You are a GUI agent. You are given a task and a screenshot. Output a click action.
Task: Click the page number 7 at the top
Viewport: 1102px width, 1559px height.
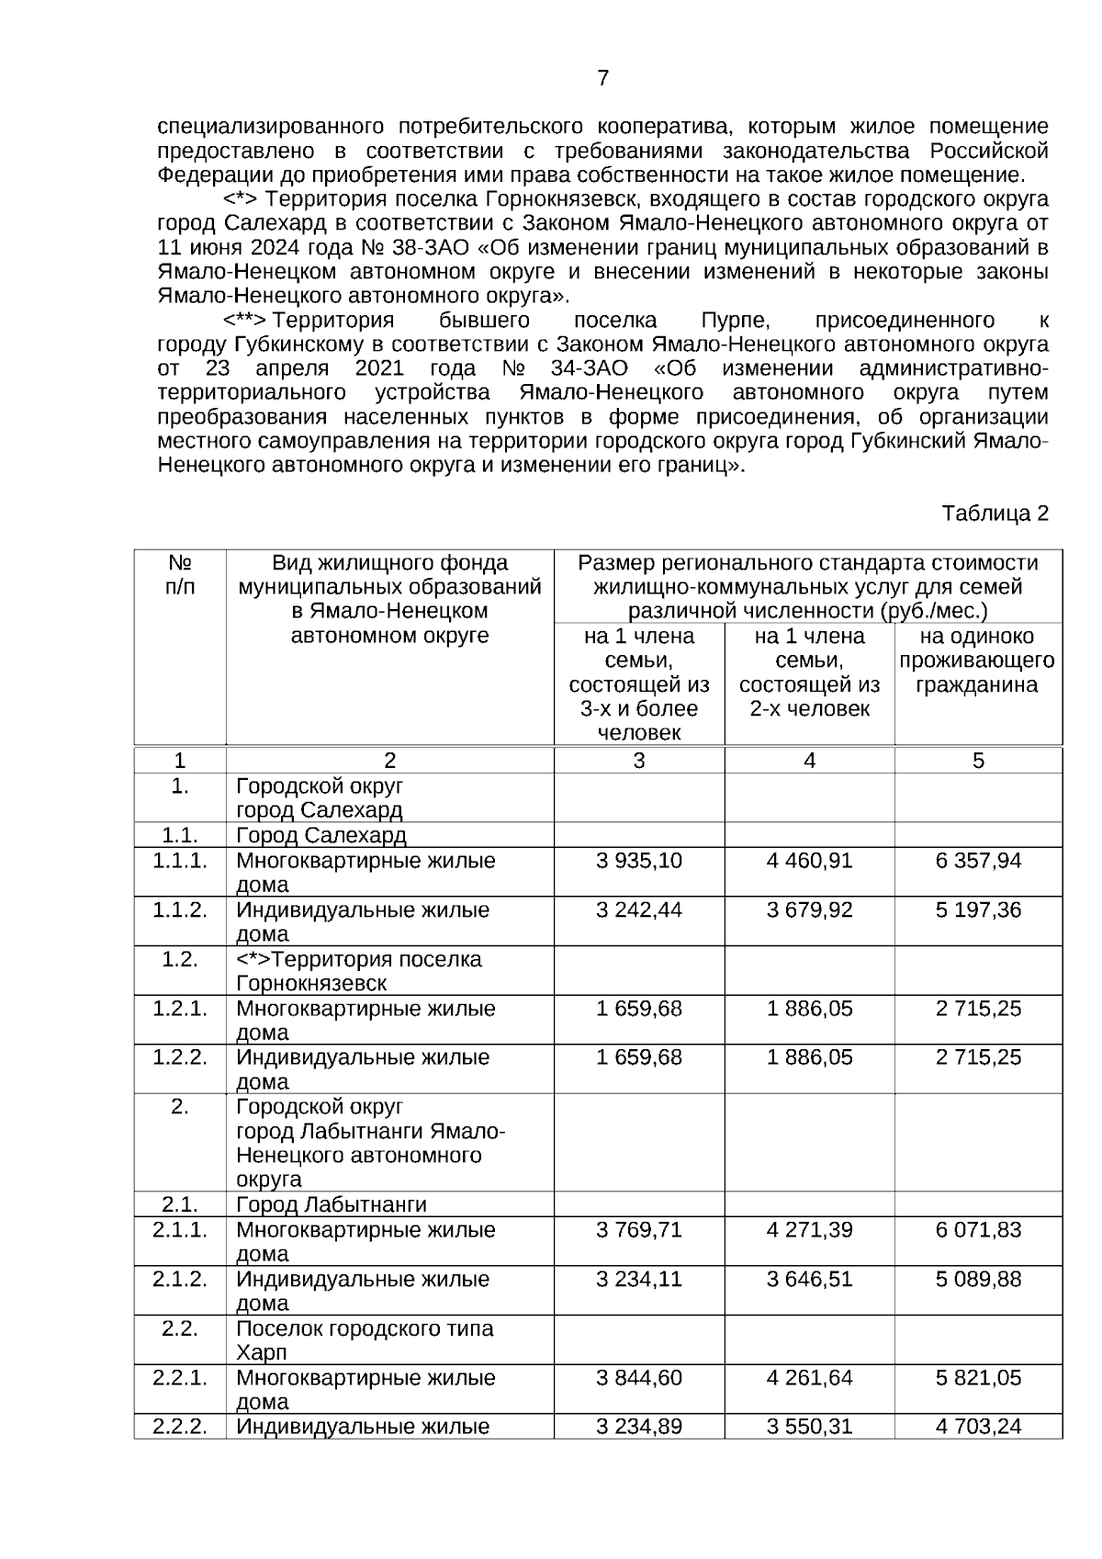point(602,78)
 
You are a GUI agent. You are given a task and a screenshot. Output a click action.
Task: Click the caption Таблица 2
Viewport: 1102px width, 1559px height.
point(995,514)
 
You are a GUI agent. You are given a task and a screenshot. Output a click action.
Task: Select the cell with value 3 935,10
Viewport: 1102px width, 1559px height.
point(638,861)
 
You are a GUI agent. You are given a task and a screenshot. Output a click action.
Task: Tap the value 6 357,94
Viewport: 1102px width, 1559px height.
point(978,861)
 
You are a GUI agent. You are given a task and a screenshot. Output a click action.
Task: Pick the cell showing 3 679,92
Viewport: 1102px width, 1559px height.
point(809,910)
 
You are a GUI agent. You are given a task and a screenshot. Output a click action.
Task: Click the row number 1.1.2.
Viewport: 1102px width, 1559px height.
point(180,910)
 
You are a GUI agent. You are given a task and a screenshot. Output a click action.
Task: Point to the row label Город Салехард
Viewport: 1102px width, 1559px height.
point(321,836)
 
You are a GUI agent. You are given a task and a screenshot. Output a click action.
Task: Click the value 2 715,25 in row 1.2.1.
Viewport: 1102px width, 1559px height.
point(978,1009)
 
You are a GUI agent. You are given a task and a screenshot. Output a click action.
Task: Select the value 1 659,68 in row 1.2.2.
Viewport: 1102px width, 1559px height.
point(638,1057)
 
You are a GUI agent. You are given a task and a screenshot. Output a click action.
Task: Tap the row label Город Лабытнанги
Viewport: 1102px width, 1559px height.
point(332,1204)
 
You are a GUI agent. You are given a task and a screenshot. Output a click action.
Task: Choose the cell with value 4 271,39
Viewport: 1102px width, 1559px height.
point(809,1230)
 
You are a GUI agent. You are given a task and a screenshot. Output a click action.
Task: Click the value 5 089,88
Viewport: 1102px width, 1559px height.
point(978,1279)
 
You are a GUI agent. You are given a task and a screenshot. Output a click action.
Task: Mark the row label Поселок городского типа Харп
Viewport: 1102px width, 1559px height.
point(365,1340)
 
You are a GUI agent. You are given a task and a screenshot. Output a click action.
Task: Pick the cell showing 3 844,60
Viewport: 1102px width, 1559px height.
point(638,1378)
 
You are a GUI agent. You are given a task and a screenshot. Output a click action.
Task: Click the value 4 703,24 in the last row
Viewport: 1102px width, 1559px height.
point(978,1427)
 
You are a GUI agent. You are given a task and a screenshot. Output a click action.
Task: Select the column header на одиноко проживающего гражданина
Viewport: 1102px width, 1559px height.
point(977,661)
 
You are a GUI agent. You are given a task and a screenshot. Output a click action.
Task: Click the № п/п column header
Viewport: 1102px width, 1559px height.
point(180,574)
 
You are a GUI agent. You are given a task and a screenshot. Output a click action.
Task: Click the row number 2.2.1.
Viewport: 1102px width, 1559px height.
point(180,1378)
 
